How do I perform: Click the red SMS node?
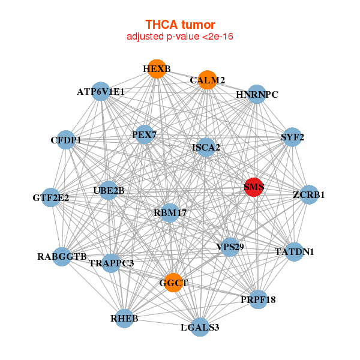253,187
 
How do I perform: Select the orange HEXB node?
157,69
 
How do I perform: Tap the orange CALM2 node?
208,80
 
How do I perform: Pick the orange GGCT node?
173,283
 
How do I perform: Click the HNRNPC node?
257,94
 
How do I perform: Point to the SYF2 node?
292,137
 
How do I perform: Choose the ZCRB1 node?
309,194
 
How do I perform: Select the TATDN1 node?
294,252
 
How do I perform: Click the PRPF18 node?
258,299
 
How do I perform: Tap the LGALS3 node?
200,327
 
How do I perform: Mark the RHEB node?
124,319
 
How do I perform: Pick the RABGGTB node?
62,257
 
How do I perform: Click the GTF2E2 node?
50,197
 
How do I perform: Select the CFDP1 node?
66,140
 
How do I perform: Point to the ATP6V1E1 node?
101,91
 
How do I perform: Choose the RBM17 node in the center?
170,213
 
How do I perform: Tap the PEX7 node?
145,134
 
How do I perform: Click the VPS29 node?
230,247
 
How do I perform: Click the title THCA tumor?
180,25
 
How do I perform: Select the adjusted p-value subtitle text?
180,37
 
